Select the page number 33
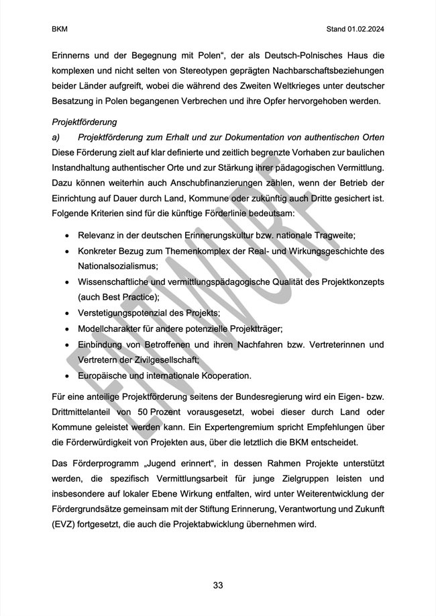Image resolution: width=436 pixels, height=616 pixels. pos(218,585)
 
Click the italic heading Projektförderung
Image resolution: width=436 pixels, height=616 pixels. pos(85,122)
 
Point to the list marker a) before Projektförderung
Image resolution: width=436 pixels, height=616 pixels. pos(56,138)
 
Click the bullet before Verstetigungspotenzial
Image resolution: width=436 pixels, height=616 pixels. pos(67,313)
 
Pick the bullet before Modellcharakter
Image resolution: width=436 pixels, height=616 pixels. pos(67,328)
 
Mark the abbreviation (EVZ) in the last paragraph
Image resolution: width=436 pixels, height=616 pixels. pos(64,525)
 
